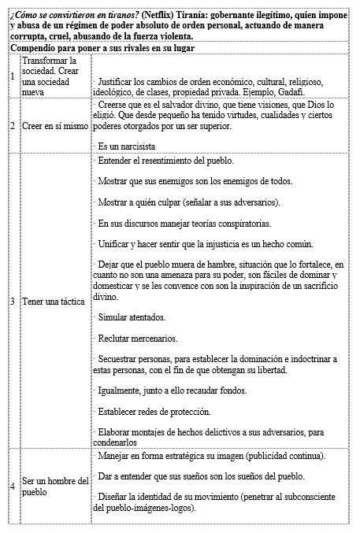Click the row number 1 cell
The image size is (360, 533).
[x=12, y=76]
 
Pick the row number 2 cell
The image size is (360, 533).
[x=12, y=124]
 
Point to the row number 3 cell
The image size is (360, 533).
[x=12, y=302]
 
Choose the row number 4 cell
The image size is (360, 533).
[x=12, y=485]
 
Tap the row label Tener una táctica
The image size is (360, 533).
[x=54, y=302]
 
